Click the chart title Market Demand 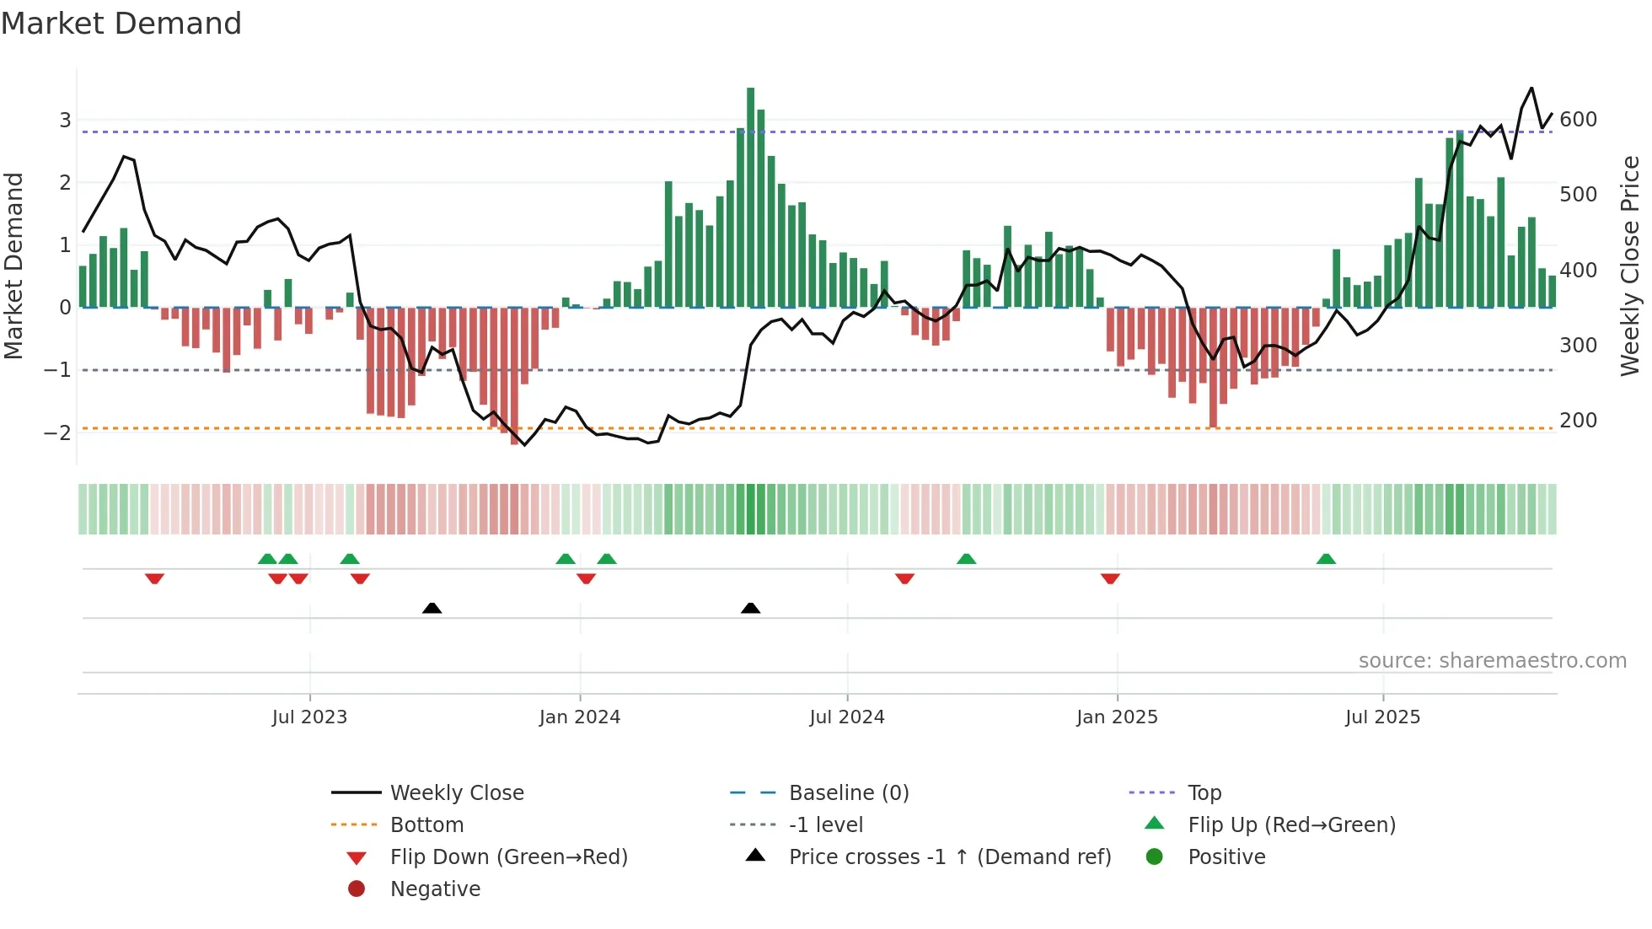point(121,24)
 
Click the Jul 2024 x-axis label point(846,717)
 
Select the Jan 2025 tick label point(1116,717)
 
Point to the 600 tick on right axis point(1578,120)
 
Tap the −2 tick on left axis point(57,432)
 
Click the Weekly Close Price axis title point(1630,266)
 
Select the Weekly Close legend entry point(456,793)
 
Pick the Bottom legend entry point(426,825)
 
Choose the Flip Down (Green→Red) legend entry point(508,857)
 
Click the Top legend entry point(1204,793)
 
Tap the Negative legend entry point(435,889)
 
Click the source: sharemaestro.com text point(1492,661)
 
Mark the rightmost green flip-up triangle point(1326,559)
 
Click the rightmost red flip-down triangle point(1110,578)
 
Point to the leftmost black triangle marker point(432,608)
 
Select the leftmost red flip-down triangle point(154,578)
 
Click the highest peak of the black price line point(1531,88)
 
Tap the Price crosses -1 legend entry point(949,857)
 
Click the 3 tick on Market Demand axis point(65,120)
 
